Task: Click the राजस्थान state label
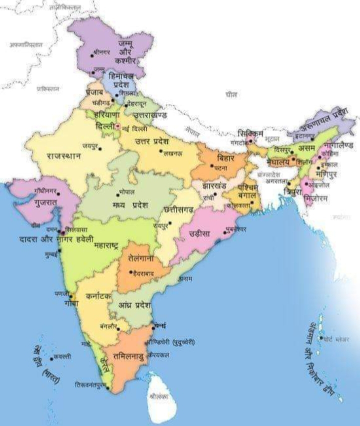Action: [x=64, y=156]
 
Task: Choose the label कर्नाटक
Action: [x=98, y=296]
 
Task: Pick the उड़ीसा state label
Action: [x=202, y=234]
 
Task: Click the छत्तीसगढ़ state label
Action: [x=178, y=210]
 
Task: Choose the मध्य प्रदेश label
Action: [x=129, y=205]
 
